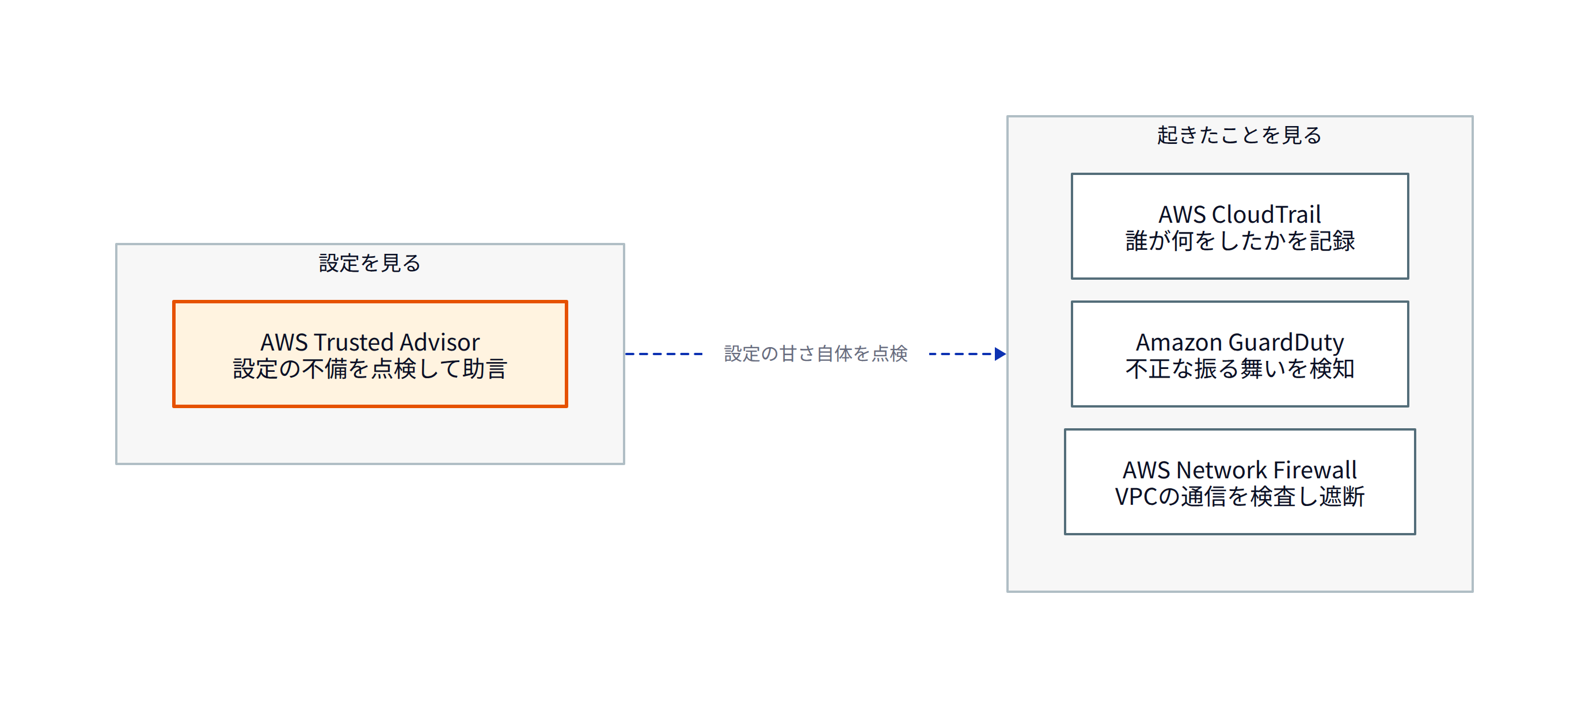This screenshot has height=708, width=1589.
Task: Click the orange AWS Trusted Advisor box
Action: coord(370,354)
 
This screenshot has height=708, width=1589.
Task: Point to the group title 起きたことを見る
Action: coord(1239,135)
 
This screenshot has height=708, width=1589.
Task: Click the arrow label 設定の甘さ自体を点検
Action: coord(815,354)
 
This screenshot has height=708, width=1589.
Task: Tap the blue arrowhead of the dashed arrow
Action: coord(1001,354)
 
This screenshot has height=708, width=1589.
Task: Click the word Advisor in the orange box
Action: coord(440,342)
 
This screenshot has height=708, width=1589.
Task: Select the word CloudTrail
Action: coord(1267,215)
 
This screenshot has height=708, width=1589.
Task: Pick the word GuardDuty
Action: coord(1286,343)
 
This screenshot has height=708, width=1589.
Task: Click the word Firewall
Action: coord(1315,470)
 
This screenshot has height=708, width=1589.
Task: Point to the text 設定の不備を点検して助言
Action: coord(370,369)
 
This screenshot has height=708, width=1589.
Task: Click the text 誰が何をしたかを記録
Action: coord(1240,241)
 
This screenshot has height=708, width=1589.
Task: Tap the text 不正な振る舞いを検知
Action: coord(1240,369)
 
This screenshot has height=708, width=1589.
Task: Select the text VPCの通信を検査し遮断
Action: coord(1240,496)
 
